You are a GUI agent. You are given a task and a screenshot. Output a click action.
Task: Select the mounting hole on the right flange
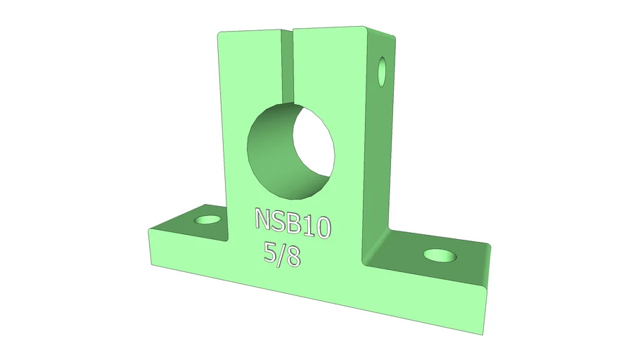point(440,255)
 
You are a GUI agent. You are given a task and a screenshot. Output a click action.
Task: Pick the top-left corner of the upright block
point(219,34)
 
